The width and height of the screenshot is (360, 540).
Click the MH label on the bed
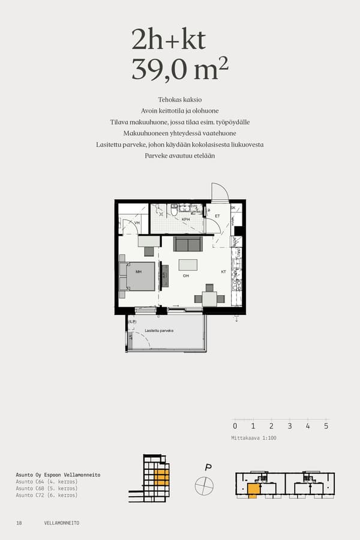[x=139, y=272]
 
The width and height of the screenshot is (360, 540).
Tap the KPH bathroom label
[x=186, y=220]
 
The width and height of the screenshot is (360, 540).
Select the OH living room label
[x=186, y=275]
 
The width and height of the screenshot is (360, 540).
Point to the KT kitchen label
[x=223, y=272]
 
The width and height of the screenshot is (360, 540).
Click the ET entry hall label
[x=218, y=215]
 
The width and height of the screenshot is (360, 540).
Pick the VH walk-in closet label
[x=137, y=223]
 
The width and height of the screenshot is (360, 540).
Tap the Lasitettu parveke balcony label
[x=159, y=331]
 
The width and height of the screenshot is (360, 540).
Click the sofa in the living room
[x=188, y=244]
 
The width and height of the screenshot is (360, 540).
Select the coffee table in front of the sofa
[x=188, y=265]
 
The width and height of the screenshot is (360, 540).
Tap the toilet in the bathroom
[x=174, y=211]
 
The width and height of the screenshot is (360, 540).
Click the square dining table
[x=209, y=298]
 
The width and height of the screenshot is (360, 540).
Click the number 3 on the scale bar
[x=290, y=427]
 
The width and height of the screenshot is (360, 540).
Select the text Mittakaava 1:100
[x=254, y=438]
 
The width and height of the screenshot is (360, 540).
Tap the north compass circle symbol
[x=204, y=485]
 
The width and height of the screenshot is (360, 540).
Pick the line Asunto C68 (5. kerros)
[x=47, y=488]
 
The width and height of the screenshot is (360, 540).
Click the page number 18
[x=19, y=523]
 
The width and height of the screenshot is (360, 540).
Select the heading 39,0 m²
[x=180, y=70]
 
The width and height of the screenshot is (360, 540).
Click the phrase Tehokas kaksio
[x=180, y=99]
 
